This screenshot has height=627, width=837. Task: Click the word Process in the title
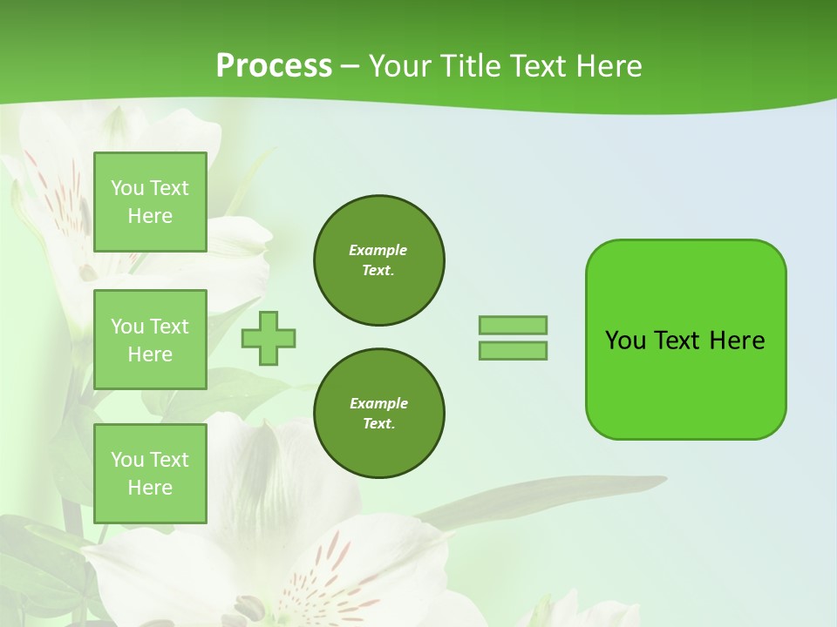tap(274, 66)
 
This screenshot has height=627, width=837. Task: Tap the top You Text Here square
tap(150, 202)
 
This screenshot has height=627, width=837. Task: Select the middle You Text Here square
tap(150, 340)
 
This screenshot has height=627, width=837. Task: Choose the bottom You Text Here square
tap(150, 474)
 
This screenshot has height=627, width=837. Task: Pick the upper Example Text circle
tap(379, 260)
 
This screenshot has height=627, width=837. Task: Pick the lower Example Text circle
tap(379, 414)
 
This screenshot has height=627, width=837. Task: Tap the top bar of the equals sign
tap(513, 325)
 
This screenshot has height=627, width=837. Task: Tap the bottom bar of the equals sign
tap(513, 351)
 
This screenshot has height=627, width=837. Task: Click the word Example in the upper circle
tap(378, 250)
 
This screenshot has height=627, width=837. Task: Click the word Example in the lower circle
tap(378, 403)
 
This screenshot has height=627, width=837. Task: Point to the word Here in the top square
tap(150, 216)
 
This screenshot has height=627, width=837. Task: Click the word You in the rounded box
tap(625, 340)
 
